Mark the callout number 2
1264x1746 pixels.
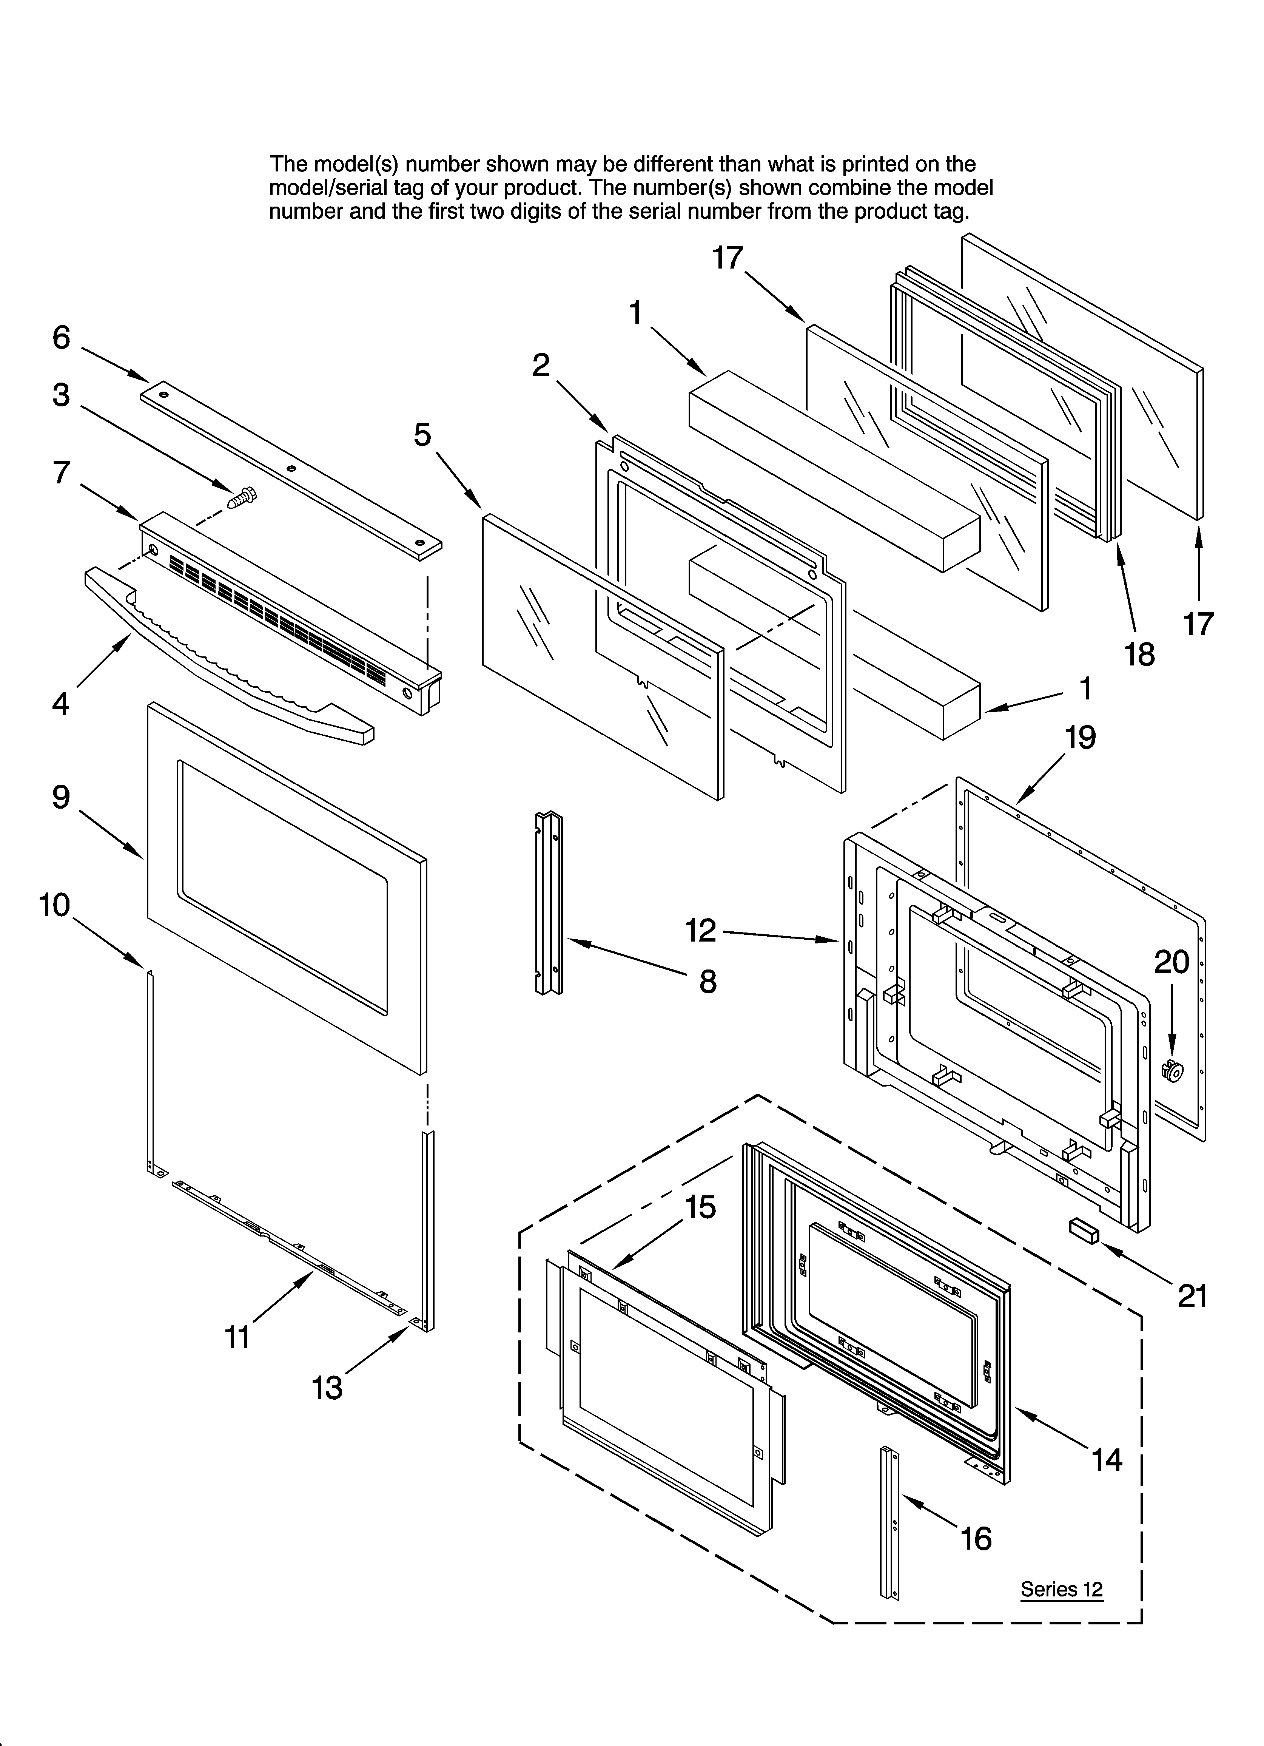[541, 365]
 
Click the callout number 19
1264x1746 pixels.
[1080, 738]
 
